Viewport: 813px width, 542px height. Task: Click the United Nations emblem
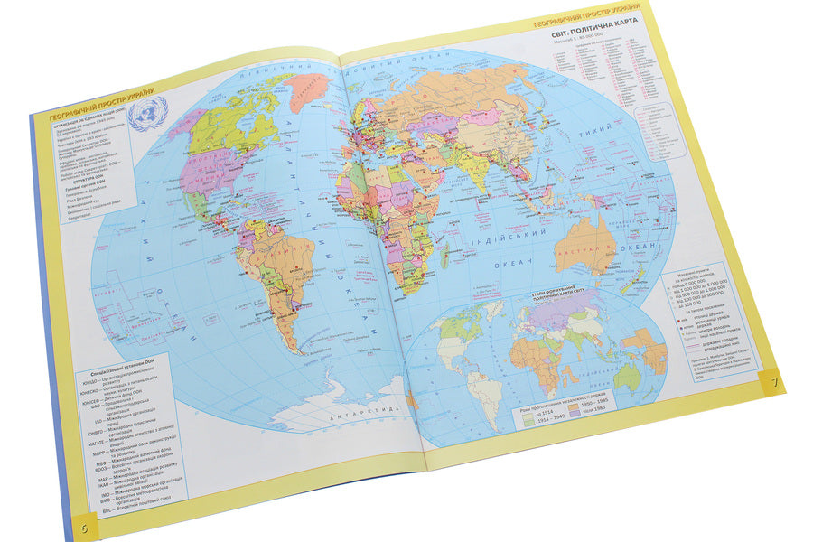[x=147, y=115]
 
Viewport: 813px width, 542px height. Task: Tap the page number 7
[x=772, y=378]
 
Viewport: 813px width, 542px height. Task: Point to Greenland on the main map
[x=309, y=89]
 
